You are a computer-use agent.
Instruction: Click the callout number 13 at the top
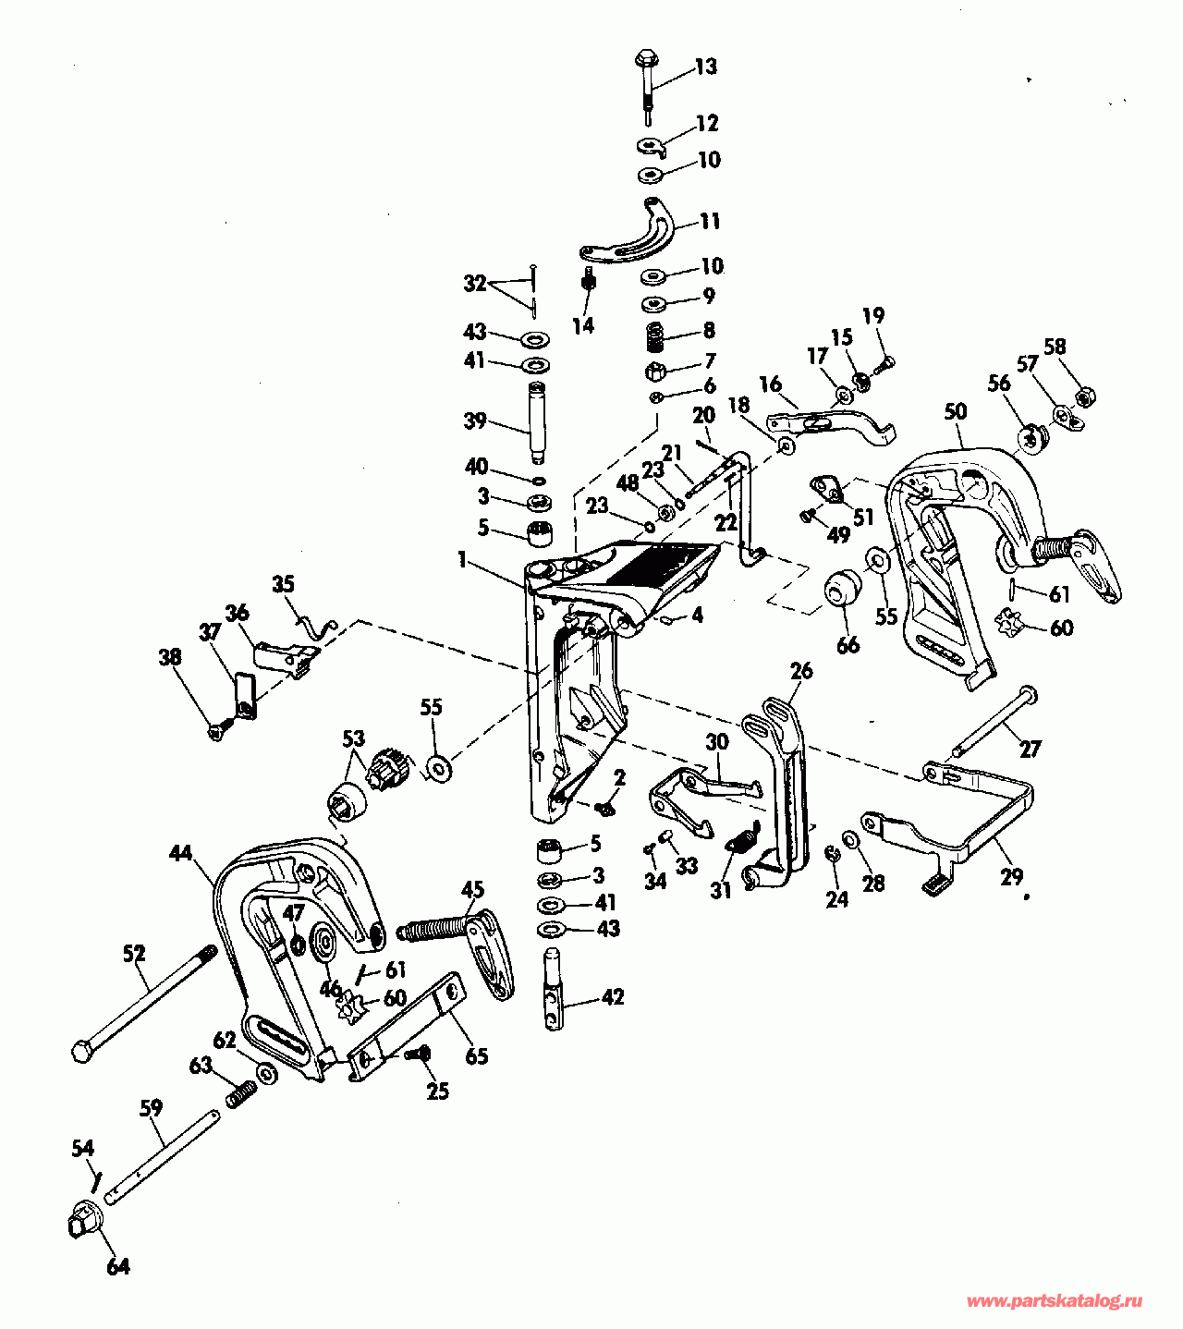tap(705, 67)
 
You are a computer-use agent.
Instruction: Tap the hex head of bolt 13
tap(644, 60)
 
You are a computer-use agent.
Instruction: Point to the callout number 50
tap(956, 410)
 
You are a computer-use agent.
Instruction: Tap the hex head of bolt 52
tap(81, 1051)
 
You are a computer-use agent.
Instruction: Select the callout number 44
tap(180, 852)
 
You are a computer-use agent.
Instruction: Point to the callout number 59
tap(152, 1106)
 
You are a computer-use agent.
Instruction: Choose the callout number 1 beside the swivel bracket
tap(462, 558)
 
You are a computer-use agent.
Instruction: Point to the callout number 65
tap(476, 1055)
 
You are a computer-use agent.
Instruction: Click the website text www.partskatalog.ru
tap(1054, 1301)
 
